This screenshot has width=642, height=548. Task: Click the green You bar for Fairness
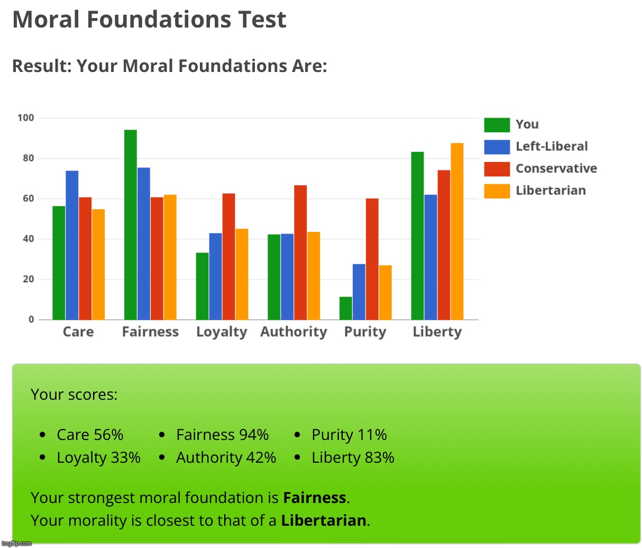(x=130, y=225)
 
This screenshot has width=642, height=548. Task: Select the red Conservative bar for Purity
(x=372, y=259)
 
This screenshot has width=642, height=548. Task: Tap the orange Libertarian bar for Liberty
(x=457, y=231)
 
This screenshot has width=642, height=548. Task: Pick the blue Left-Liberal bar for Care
(x=72, y=245)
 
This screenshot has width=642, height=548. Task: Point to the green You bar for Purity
(x=346, y=308)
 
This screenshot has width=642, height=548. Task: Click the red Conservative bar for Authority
(x=300, y=253)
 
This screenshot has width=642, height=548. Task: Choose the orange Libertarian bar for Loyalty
(x=242, y=274)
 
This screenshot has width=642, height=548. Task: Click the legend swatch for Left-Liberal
(x=497, y=147)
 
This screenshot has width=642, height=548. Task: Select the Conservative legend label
(x=556, y=168)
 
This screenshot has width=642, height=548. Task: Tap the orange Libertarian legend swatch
(x=497, y=191)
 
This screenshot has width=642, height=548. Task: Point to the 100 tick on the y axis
(x=25, y=118)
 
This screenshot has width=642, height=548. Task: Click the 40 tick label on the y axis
(x=27, y=239)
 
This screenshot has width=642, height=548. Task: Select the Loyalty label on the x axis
(x=222, y=332)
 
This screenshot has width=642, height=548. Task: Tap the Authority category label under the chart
(x=294, y=332)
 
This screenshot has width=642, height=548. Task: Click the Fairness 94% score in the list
(x=222, y=435)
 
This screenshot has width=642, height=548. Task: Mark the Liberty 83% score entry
(x=353, y=457)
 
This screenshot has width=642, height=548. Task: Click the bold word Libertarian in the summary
(x=324, y=520)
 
